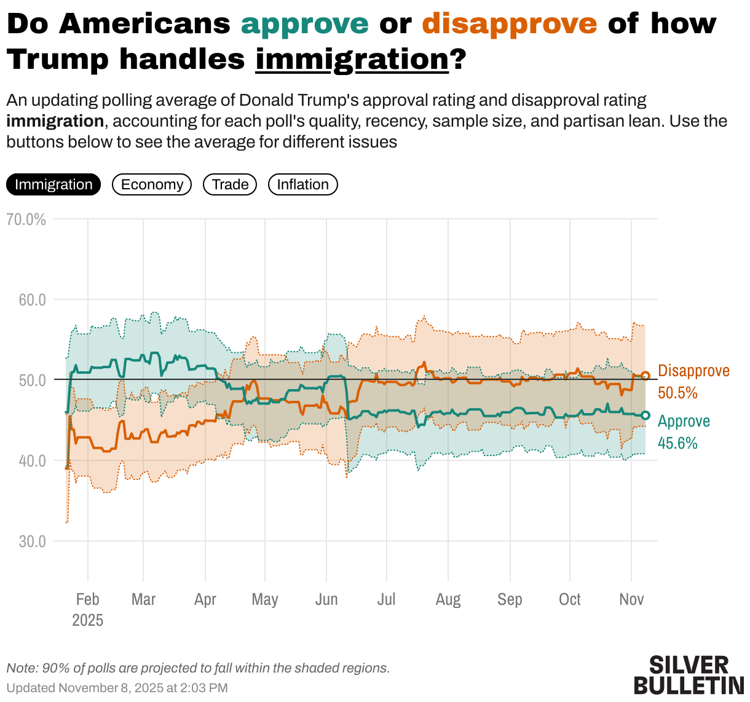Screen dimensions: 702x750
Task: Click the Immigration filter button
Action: pyautogui.click(x=53, y=184)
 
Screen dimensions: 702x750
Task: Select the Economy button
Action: pyautogui.click(x=152, y=184)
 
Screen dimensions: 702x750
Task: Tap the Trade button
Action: pyautogui.click(x=230, y=184)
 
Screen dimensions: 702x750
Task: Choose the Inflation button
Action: pyautogui.click(x=302, y=184)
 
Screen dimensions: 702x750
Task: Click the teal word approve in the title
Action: pyautogui.click(x=305, y=24)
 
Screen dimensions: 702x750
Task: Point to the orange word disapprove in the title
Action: pyautogui.click(x=510, y=24)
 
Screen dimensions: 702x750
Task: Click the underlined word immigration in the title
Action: pyautogui.click(x=352, y=60)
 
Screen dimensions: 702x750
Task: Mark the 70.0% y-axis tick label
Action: pyautogui.click(x=26, y=219)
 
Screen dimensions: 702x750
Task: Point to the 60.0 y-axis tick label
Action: pyautogui.click(x=32, y=300)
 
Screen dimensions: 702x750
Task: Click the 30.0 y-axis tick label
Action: pyautogui.click(x=32, y=542)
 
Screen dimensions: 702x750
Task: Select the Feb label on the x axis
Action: pyautogui.click(x=87, y=599)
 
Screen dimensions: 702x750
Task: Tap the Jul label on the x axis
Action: pyautogui.click(x=386, y=599)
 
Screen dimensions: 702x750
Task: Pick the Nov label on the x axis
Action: pyautogui.click(x=631, y=599)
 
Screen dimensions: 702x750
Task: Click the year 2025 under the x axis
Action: pyautogui.click(x=87, y=620)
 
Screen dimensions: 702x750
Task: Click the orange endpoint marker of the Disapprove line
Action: pyautogui.click(x=645, y=376)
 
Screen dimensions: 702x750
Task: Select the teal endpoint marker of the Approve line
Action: pyautogui.click(x=645, y=416)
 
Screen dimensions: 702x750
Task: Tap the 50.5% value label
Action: pyautogui.click(x=677, y=393)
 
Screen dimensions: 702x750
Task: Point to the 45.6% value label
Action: pyautogui.click(x=677, y=443)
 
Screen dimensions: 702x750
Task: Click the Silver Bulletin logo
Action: pyautogui.click(x=689, y=675)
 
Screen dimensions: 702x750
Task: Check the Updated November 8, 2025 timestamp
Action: pyautogui.click(x=117, y=688)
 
